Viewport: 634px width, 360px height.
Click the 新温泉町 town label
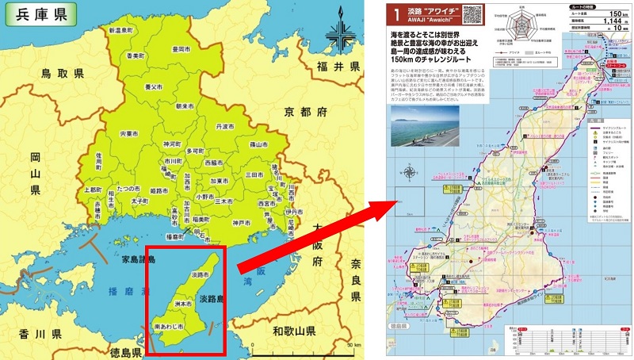pos(124,29)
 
